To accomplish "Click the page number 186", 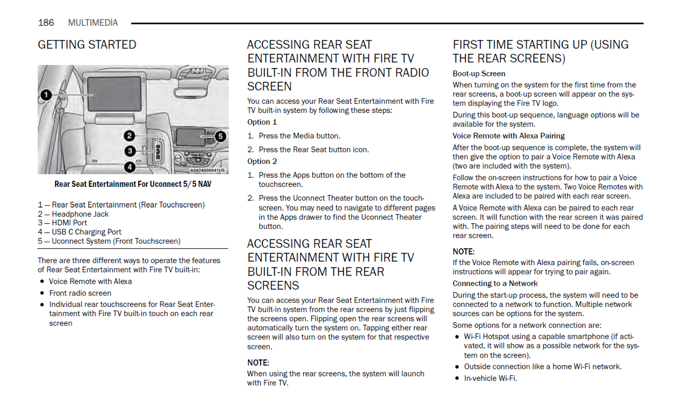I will pos(46,23).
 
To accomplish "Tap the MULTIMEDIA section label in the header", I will pos(93,23).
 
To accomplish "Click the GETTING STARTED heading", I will pos(87,45).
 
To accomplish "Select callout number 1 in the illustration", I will pos(46,95).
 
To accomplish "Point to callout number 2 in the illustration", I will pos(129,136).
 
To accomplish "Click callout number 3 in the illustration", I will pos(130,151).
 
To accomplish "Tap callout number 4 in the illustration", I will pos(130,167).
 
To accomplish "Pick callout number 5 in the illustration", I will pos(220,136).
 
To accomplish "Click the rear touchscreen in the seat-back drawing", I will pos(114,94).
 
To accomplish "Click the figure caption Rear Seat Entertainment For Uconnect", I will pos(133,184).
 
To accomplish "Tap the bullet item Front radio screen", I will pos(80,293).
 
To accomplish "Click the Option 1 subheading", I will pos(262,122).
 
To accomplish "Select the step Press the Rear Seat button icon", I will pos(313,150).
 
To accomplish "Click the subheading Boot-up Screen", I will pos(479,74).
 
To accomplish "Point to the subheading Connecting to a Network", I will pos(495,283).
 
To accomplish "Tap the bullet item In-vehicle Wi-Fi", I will pos(490,378).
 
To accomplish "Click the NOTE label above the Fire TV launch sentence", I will pos(258,363).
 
